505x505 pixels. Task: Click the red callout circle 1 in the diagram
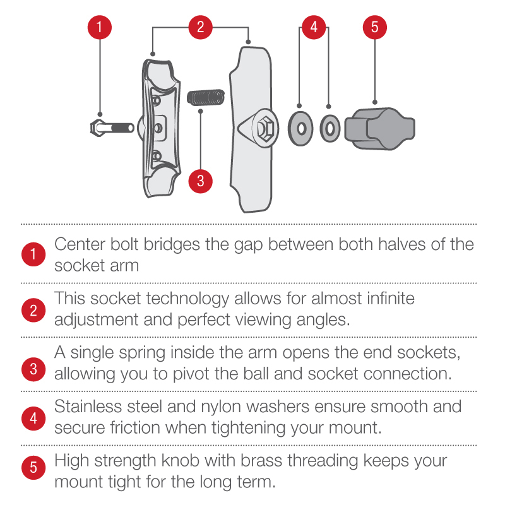pos(100,27)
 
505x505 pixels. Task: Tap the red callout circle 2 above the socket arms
pos(200,27)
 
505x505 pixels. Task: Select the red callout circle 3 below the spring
pos(200,181)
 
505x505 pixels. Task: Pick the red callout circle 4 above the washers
pos(314,27)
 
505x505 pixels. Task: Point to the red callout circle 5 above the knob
pos(374,27)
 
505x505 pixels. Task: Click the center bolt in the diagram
pos(112,128)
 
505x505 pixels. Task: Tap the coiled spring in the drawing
pos(206,98)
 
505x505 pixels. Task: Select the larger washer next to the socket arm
pos(301,129)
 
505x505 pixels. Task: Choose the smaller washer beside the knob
pos(330,129)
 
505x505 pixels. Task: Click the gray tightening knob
pos(380,129)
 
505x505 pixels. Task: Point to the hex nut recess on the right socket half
pos(265,129)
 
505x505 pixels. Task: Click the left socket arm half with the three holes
pos(160,128)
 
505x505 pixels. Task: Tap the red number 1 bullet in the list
pos(33,254)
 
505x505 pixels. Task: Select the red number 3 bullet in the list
pos(33,369)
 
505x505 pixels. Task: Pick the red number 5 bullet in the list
pos(33,467)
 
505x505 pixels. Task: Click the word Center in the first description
pos(80,244)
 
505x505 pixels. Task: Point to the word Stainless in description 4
pos(88,407)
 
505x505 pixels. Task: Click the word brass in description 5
pos(261,461)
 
